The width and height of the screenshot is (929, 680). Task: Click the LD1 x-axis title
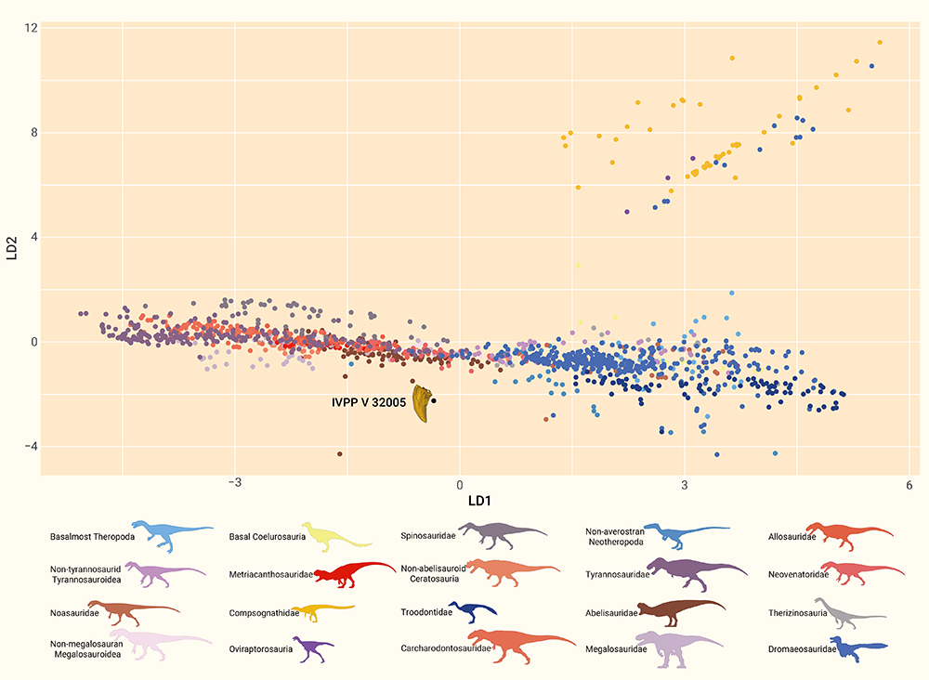pyautogui.click(x=459, y=503)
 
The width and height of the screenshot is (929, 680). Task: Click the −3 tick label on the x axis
pyautogui.click(x=234, y=485)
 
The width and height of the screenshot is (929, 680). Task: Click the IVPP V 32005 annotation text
pyautogui.click(x=369, y=403)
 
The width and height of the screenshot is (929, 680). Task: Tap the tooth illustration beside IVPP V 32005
pyautogui.click(x=424, y=404)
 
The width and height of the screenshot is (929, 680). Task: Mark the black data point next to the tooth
pyautogui.click(x=434, y=400)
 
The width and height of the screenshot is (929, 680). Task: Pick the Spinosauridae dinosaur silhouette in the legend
pyautogui.click(x=502, y=533)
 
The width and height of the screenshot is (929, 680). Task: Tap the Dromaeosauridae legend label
pyautogui.click(x=802, y=648)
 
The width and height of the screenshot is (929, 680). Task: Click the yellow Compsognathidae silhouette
pyautogui.click(x=322, y=612)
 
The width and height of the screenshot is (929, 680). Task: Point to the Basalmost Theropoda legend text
pyautogui.click(x=93, y=536)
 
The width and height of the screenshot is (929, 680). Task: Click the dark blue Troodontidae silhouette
pyautogui.click(x=472, y=610)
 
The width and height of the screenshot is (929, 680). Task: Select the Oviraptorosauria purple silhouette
pyautogui.click(x=312, y=647)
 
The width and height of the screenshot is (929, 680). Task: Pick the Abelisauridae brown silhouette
pyautogui.click(x=682, y=611)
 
